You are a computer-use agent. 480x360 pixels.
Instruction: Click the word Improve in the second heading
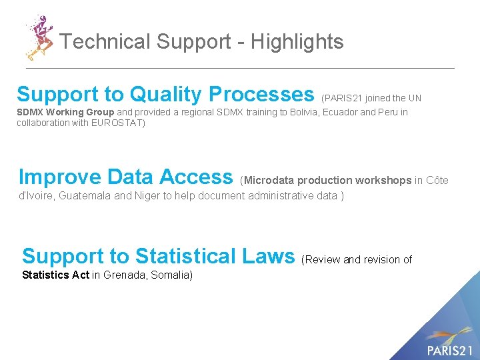59,177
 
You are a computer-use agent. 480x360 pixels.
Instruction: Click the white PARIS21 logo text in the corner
449,350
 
